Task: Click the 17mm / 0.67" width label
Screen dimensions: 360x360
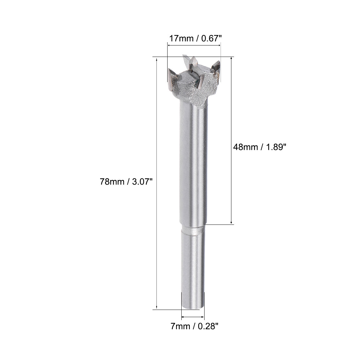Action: point(195,39)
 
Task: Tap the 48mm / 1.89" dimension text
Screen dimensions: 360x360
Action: point(260,147)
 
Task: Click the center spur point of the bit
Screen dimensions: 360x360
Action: point(190,61)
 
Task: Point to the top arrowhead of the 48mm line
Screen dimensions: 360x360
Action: point(232,59)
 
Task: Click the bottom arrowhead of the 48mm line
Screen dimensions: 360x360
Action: point(232,222)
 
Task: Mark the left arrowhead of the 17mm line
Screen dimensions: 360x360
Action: point(169,46)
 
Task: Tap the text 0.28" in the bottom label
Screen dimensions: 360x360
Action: point(208,326)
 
